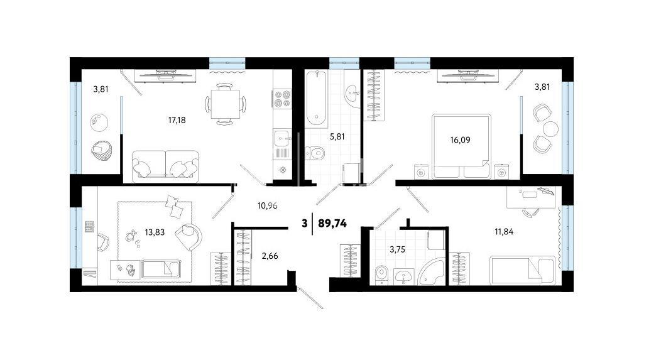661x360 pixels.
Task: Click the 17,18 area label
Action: [x=177, y=120]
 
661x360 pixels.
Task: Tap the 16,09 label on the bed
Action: [x=460, y=140]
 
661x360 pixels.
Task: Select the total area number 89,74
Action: [x=332, y=224]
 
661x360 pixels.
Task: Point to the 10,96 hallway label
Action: [x=267, y=205]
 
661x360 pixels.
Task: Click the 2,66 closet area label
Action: [x=270, y=256]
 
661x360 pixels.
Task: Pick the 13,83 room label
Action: [x=155, y=232]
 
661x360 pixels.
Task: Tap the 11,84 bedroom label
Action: [x=504, y=231]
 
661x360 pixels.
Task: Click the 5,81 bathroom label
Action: [x=337, y=136]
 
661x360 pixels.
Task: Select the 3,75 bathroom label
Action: [x=397, y=249]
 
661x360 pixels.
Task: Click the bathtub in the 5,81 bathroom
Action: [x=317, y=99]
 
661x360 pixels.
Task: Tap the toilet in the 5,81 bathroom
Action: [x=314, y=153]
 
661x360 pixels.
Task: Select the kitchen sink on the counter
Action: [x=281, y=138]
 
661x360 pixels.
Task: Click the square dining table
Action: [x=225, y=104]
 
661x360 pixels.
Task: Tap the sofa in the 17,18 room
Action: [x=165, y=166]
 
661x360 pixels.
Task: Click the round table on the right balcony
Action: [x=550, y=129]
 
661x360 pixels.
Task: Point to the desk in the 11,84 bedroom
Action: [x=531, y=197]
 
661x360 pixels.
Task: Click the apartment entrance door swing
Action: [x=310, y=298]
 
